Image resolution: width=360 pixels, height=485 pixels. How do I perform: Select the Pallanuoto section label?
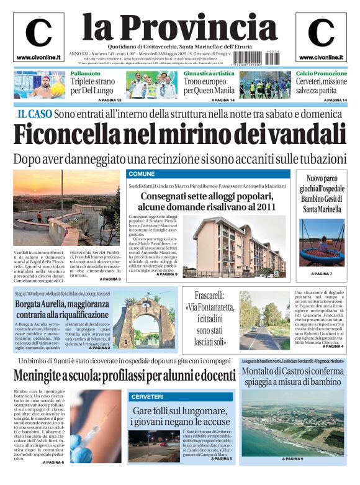click(x=85, y=73)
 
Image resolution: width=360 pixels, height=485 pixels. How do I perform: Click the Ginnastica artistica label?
click(x=209, y=73)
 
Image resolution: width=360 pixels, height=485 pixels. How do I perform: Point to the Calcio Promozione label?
click(x=321, y=73)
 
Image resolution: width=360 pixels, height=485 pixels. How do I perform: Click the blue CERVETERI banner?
click(x=147, y=396)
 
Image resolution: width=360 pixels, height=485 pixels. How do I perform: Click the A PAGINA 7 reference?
click(x=322, y=274)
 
